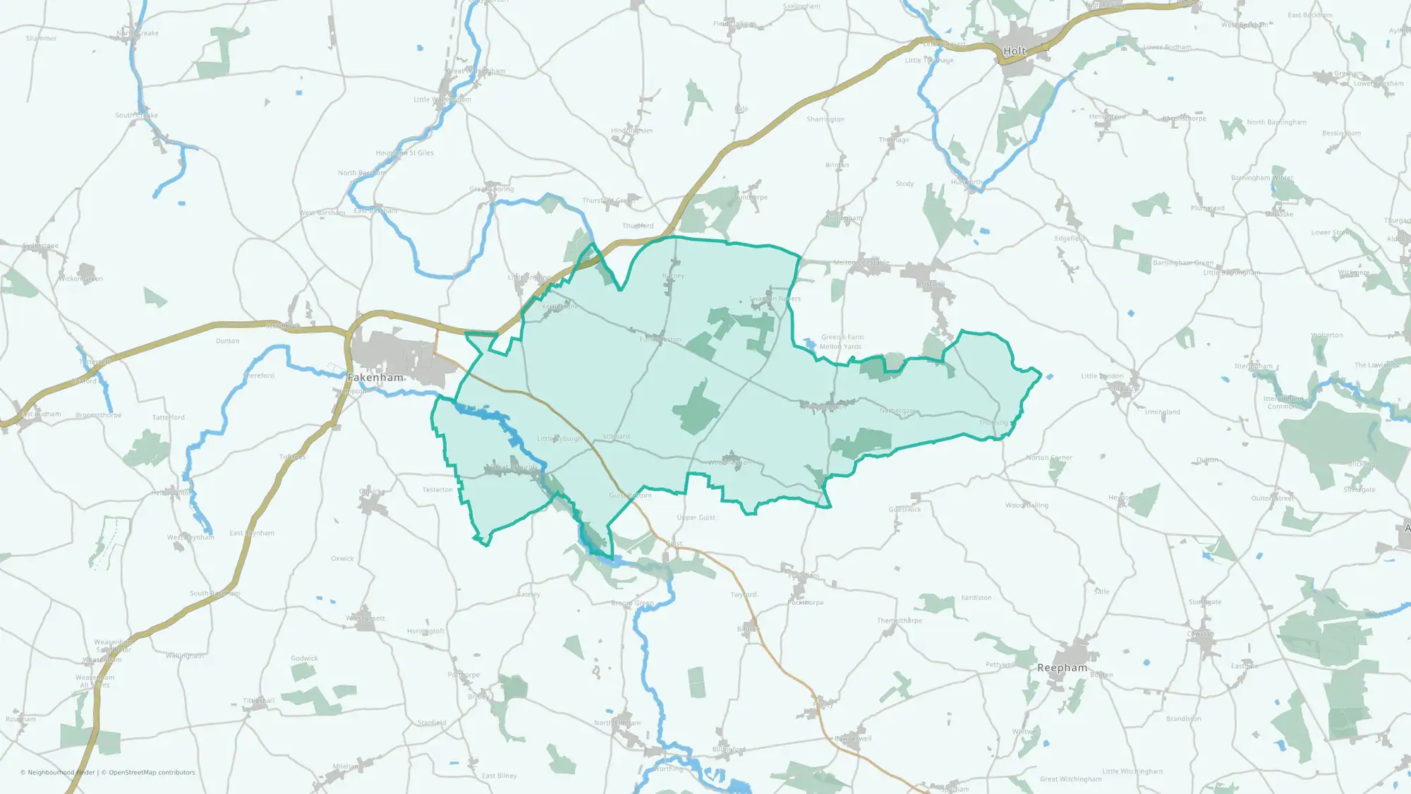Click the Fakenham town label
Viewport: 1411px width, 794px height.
(375, 378)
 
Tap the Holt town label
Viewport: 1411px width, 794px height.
(1014, 51)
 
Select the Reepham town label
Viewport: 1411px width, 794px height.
(1062, 668)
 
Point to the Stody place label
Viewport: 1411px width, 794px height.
(904, 184)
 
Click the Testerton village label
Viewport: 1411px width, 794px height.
(437, 490)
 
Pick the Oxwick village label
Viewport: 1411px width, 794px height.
(342, 558)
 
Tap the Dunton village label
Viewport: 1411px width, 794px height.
(227, 341)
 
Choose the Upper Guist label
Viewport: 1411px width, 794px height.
(696, 517)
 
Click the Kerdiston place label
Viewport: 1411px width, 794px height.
(976, 598)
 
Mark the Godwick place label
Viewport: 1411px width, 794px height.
(304, 658)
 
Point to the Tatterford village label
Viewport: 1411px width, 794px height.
(169, 418)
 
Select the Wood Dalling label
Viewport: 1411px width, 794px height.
(1027, 505)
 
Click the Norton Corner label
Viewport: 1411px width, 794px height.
(1049, 458)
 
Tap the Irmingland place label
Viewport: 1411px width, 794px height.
(1162, 412)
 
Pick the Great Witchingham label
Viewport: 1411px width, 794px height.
(1070, 779)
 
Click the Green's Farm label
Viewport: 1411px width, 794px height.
(842, 337)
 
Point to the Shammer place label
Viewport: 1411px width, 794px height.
(41, 38)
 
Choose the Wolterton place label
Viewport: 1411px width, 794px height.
(1326, 335)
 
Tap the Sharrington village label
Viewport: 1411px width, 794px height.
(825, 119)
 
